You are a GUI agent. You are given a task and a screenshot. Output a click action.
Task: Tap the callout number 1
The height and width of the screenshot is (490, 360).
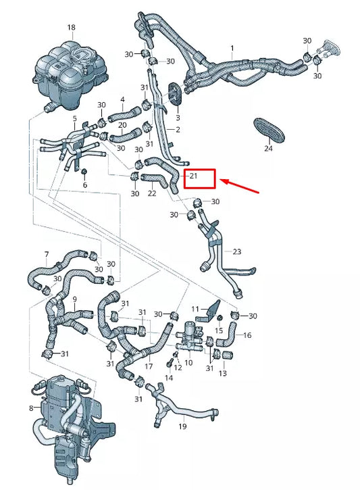click(x=232, y=49)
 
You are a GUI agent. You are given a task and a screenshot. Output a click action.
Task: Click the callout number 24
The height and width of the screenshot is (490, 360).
click(x=268, y=147)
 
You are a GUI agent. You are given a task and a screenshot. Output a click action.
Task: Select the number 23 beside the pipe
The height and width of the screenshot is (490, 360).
click(x=236, y=251)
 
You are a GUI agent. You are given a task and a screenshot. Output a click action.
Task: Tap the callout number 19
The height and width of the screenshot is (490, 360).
click(x=183, y=427)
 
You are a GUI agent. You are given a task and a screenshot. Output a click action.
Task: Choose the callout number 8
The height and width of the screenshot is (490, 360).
click(x=31, y=408)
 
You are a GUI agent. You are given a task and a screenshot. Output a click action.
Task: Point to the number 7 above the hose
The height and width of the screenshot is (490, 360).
click(x=47, y=255)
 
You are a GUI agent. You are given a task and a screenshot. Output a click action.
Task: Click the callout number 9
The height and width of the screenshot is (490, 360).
click(x=74, y=299)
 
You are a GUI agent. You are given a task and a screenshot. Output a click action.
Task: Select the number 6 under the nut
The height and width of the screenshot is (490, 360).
click(x=84, y=185)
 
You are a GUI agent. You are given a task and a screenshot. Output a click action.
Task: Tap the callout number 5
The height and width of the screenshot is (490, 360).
click(x=74, y=119)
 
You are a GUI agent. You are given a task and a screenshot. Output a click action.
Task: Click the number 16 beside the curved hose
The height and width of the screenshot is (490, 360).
click(x=247, y=335)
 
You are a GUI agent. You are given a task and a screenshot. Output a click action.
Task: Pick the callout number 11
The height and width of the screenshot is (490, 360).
click(x=195, y=310)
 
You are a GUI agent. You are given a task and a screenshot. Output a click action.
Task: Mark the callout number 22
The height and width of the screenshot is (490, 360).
click(x=152, y=193)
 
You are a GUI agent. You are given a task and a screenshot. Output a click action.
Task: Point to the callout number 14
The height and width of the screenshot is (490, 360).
click(x=169, y=379)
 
